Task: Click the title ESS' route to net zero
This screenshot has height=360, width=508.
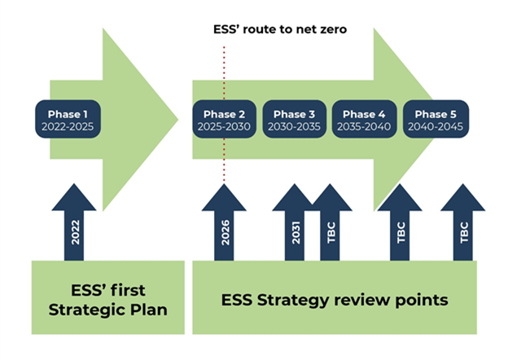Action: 280,29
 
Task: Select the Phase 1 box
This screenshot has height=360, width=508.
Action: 68,119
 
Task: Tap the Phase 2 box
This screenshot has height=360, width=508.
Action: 224,119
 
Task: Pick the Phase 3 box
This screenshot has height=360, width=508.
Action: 294,119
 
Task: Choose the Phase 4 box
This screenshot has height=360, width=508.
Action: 364,119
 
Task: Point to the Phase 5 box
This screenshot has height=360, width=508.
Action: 436,119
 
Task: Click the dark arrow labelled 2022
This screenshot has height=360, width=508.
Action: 74,222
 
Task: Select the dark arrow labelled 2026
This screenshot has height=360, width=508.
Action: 224,222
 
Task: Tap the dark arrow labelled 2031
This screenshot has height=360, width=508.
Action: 294,222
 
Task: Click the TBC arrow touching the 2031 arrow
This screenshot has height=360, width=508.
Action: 331,222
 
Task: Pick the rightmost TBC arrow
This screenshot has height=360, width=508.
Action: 463,222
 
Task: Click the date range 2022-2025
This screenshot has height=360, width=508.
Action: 68,126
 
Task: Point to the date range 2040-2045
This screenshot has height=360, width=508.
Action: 436,126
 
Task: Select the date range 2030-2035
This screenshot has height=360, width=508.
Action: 294,126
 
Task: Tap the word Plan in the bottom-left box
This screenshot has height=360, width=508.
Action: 149,310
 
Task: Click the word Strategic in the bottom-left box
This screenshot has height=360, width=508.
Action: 87,310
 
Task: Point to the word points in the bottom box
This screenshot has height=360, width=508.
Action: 422,301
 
